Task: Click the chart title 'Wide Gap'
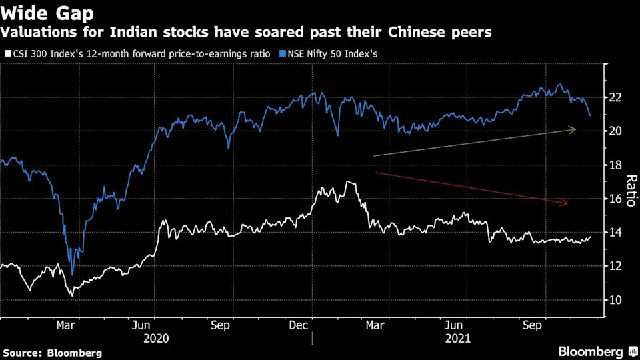click(47, 13)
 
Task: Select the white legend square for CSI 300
click(7, 53)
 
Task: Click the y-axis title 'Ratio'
click(630, 190)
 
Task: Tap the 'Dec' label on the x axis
click(299, 325)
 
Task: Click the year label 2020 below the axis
click(156, 338)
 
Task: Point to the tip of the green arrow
click(576, 129)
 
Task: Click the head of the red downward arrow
click(568, 203)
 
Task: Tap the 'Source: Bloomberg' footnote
click(53, 352)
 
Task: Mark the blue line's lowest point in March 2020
click(72, 274)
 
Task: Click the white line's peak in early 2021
click(347, 181)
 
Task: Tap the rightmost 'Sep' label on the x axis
click(531, 325)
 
